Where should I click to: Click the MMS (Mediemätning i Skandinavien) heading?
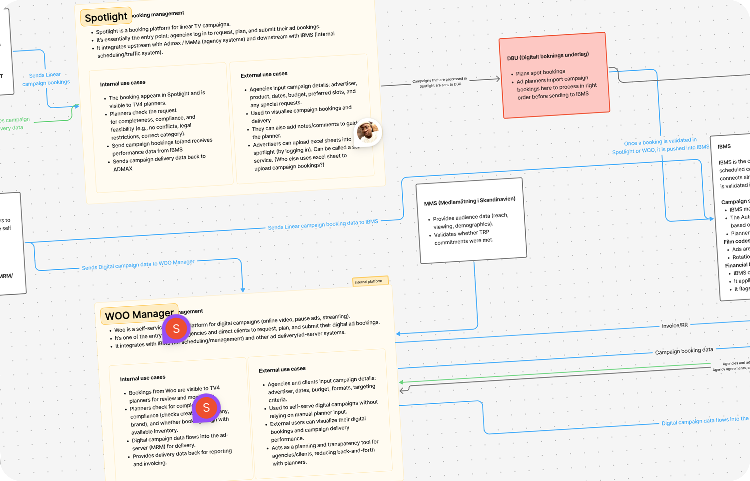pos(470,201)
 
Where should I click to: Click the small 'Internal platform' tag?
pos(370,281)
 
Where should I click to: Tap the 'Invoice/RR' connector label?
pos(674,325)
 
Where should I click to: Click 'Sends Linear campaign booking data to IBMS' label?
pos(323,224)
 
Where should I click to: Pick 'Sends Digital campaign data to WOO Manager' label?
pos(138,265)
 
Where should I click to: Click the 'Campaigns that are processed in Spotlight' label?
pos(440,82)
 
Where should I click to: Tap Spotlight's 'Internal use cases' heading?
pos(123,83)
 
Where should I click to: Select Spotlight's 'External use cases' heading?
pos(264,74)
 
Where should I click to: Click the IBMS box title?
pos(724,147)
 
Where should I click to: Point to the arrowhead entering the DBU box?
pos(498,79)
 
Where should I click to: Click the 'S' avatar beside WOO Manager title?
pos(176,328)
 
